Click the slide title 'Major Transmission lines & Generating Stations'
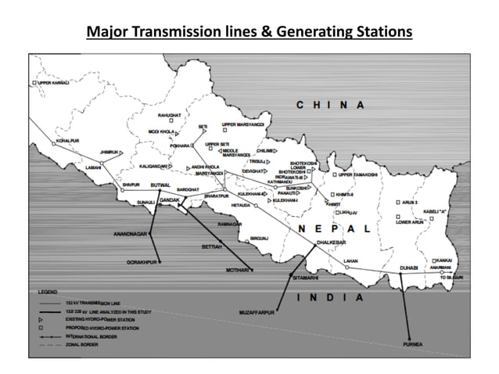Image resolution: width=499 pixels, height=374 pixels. (x=249, y=32)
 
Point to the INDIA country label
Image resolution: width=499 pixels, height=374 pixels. (x=331, y=297)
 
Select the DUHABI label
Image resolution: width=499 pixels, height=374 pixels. (x=407, y=267)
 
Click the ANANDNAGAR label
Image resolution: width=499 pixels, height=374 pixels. (x=130, y=232)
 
